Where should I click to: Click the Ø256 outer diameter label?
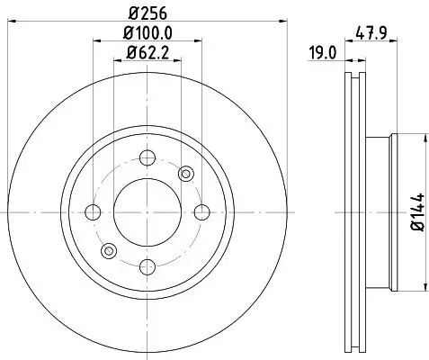[147, 13]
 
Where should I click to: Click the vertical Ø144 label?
[417, 212]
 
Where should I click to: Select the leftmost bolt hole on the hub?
[94, 212]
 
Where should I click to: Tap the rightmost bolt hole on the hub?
[201, 212]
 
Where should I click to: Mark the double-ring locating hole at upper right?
[186, 173]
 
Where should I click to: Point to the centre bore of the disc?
[147, 212]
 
